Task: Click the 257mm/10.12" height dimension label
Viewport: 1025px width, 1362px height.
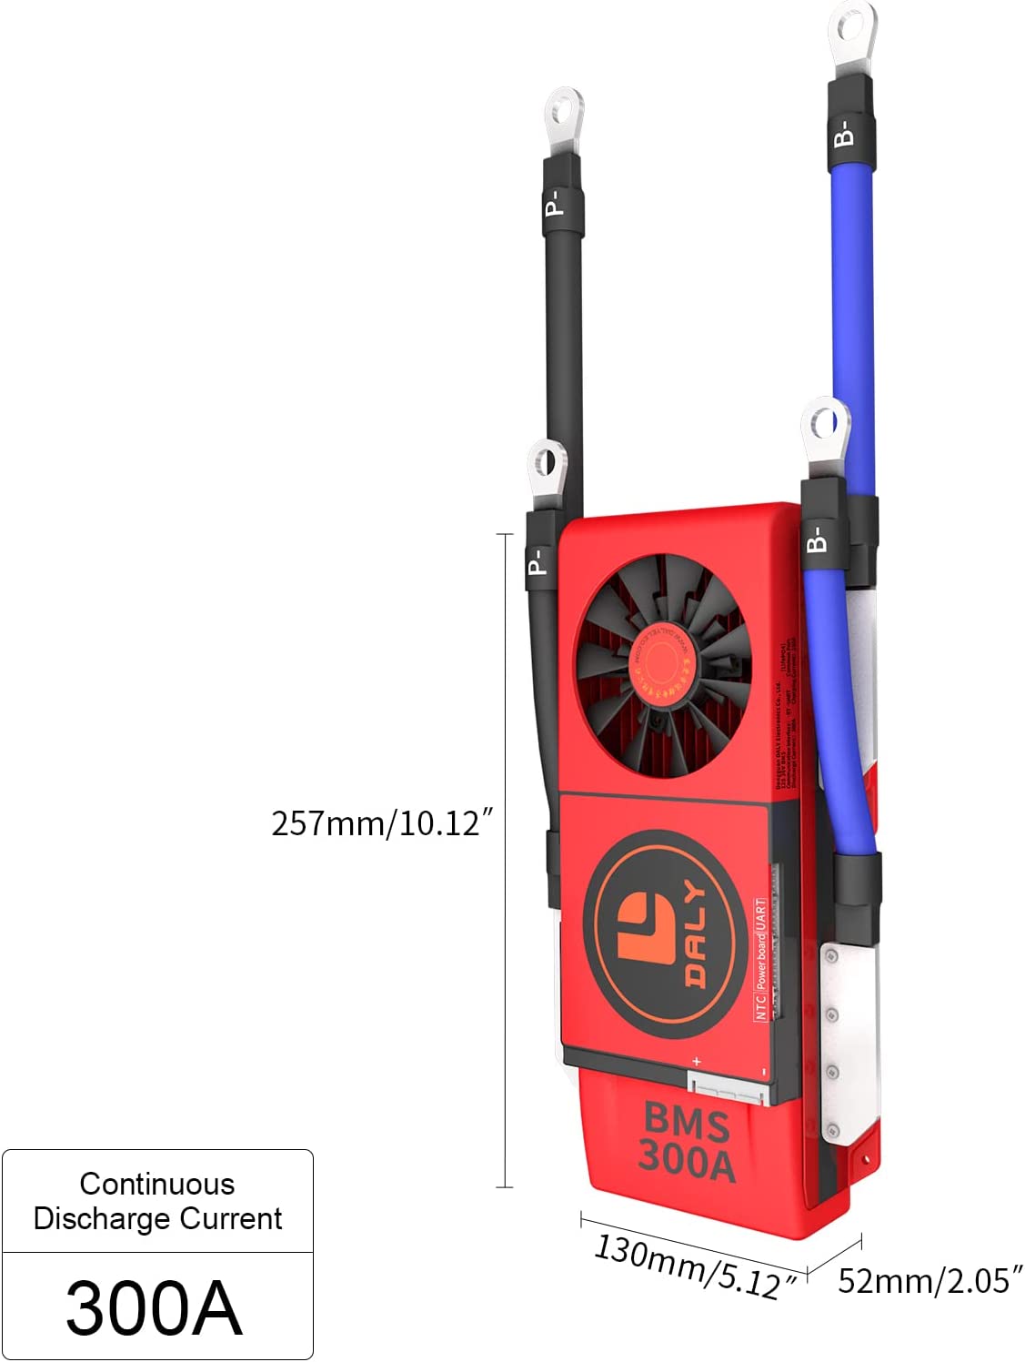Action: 382,823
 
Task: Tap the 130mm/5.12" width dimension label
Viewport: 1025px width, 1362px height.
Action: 697,1266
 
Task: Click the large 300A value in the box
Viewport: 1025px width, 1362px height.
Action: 155,1307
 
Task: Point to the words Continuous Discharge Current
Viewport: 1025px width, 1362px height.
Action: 157,1201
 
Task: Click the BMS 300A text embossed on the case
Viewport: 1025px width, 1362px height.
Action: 687,1143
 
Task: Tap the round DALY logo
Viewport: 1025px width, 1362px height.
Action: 659,933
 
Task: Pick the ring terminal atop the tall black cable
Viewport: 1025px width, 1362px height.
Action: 564,113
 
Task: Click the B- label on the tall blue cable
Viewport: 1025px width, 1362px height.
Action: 844,133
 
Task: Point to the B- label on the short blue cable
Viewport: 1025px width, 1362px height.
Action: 817,539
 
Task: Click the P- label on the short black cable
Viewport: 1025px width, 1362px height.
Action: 538,560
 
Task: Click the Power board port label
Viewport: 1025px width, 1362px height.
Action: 761,960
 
